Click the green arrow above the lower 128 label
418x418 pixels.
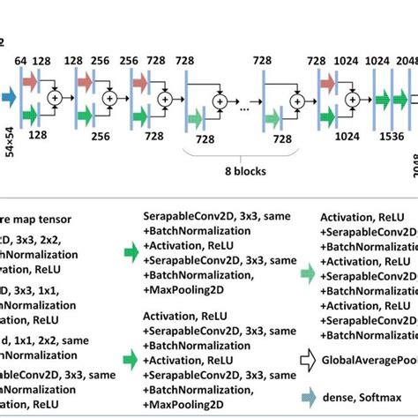pyautogui.click(x=32, y=112)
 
